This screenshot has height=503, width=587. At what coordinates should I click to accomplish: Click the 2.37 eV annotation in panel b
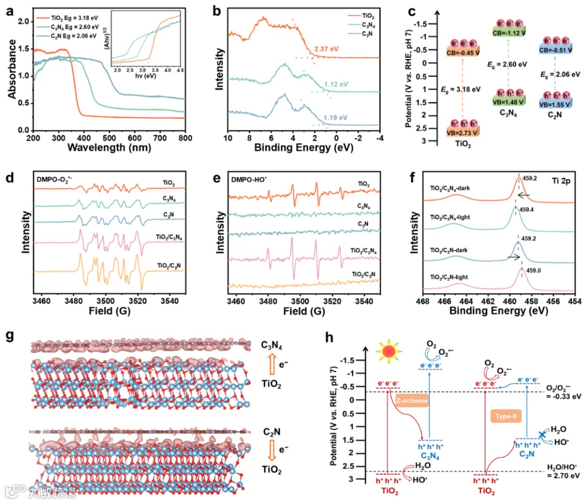326,49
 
